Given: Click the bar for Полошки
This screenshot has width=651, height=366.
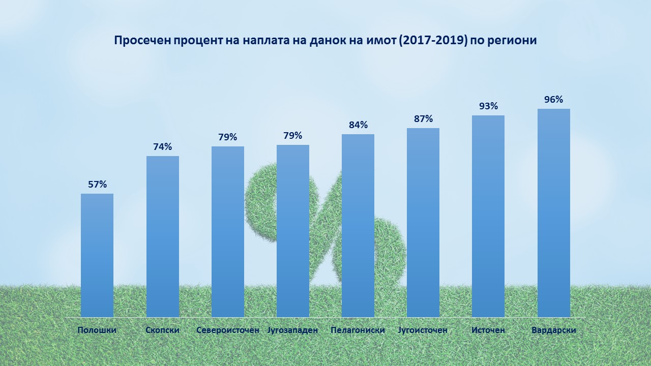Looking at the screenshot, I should tap(97, 255).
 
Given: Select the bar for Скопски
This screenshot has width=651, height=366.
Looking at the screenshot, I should tap(163, 236).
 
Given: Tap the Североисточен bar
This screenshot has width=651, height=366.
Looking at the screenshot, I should tap(228, 232).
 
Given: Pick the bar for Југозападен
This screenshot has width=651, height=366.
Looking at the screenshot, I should tap(293, 231).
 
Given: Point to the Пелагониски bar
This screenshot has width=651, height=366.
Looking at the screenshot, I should tap(358, 226).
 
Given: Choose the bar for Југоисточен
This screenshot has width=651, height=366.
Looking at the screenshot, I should tap(423, 223).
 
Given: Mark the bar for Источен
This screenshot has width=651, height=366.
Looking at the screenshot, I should tap(488, 216).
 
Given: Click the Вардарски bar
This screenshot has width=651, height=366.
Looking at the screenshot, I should tap(554, 213).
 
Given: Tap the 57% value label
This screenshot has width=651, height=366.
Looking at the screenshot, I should tap(97, 185).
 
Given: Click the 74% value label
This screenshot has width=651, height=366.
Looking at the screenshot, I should tap(163, 147).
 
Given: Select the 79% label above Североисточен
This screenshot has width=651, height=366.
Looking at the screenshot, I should tap(228, 137).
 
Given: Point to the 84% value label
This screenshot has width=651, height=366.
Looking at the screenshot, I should tap(358, 125).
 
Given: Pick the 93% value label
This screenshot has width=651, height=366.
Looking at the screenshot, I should tap(488, 106).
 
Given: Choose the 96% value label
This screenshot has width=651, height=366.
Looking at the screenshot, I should tap(554, 100).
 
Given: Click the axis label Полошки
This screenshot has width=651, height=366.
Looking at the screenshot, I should tap(97, 330).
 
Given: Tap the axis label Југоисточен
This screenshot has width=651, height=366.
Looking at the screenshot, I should tap(423, 330).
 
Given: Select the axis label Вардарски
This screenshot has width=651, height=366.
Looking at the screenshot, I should tap(554, 330).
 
